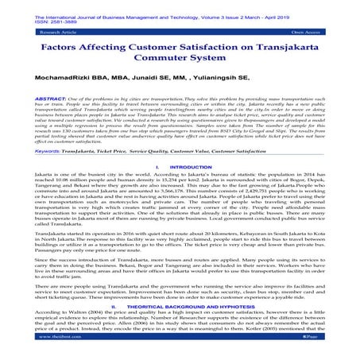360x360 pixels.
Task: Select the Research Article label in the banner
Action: [40, 33]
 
